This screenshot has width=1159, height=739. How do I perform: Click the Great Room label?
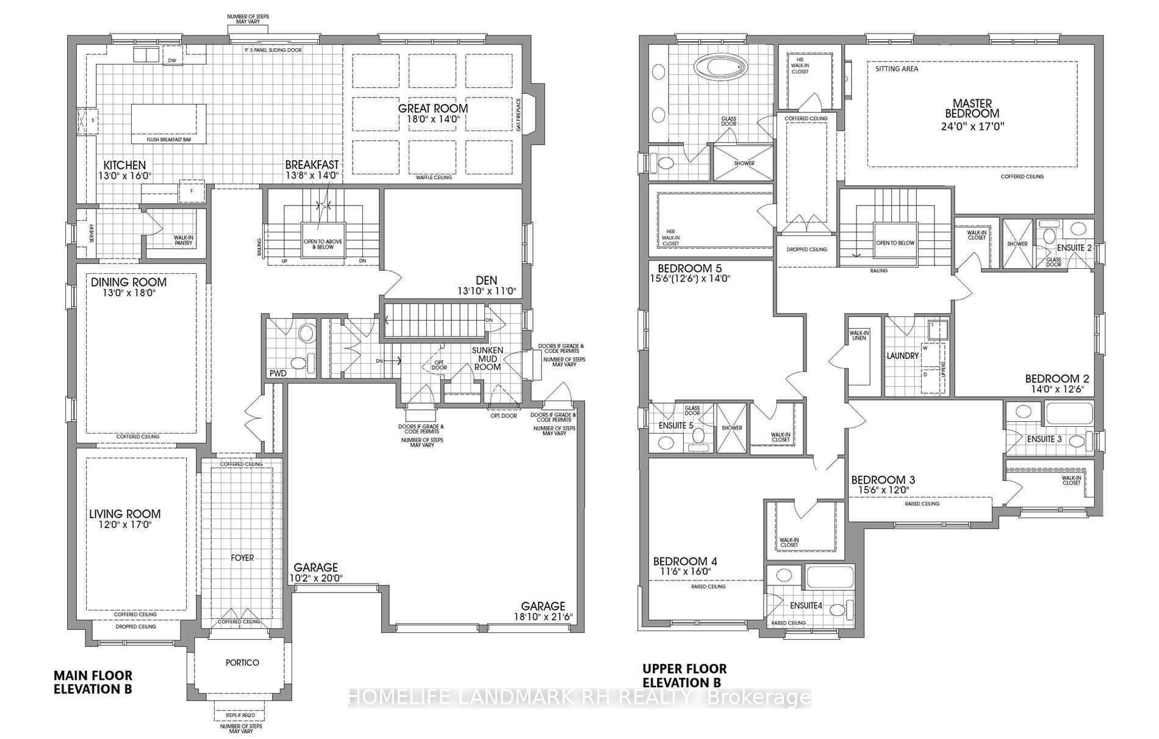433,109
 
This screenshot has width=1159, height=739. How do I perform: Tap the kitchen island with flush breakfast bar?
168,120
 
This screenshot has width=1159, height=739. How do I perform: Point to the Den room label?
486,280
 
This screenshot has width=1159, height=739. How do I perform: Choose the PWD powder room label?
278,373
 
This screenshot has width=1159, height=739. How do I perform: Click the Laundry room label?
903,355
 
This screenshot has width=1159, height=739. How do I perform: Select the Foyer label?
242,558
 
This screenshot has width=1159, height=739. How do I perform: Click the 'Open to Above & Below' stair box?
323,244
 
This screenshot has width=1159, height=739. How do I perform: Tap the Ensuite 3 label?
1044,439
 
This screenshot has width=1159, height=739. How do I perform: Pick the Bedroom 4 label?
685,562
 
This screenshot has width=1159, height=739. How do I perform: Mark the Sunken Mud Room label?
487,359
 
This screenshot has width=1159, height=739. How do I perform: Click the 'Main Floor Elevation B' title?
93,682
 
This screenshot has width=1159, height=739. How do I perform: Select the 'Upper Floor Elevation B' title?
684,676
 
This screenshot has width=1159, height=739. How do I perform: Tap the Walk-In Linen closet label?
859,335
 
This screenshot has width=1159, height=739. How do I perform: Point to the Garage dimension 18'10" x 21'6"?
542,617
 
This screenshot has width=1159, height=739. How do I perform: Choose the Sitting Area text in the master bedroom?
897,69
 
